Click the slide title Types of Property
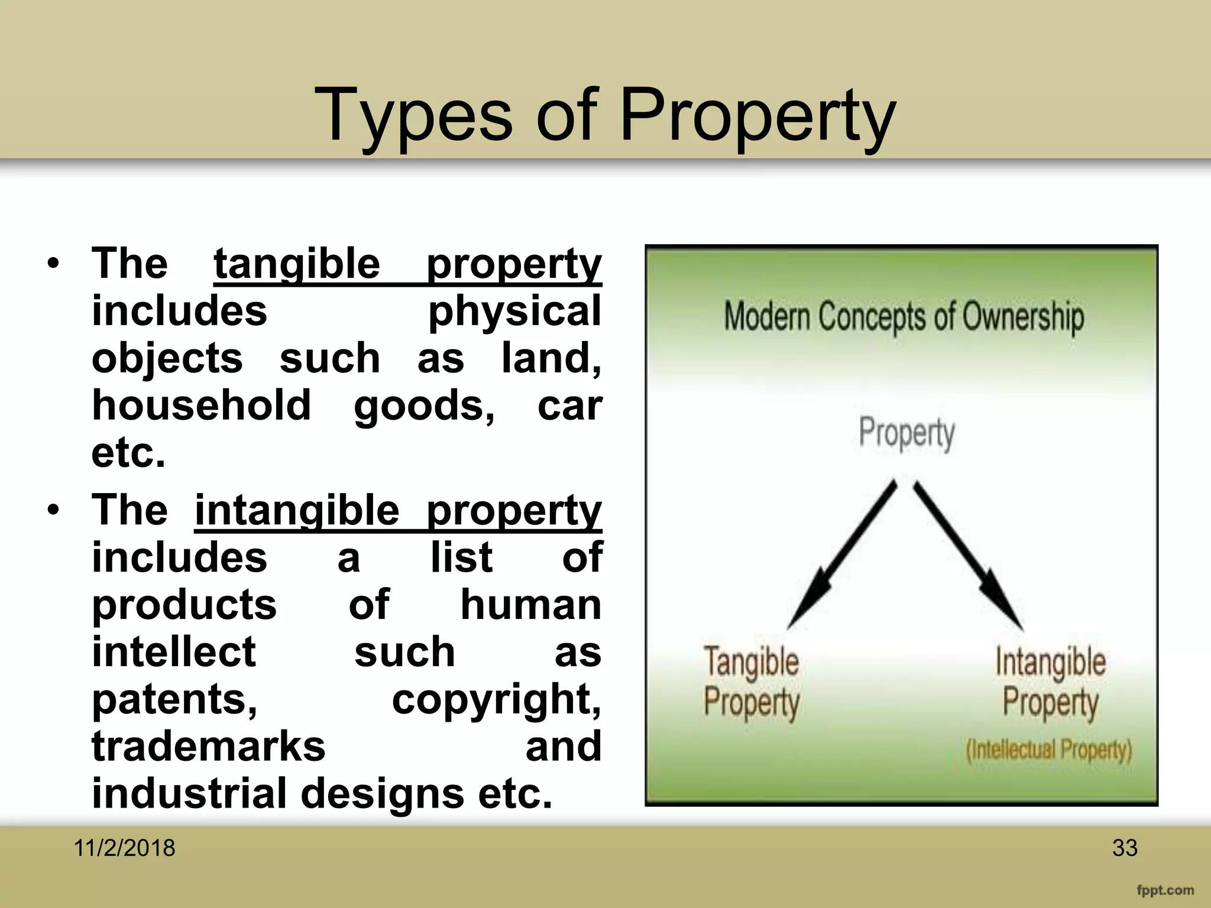tap(605, 115)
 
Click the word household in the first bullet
tap(201, 406)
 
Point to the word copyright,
tap(496, 700)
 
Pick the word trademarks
tap(208, 747)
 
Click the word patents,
tap(174, 700)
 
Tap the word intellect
tap(174, 653)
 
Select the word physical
tap(514, 312)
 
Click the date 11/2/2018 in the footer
tap(124, 848)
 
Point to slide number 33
tap(1124, 848)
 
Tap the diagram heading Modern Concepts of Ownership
tap(904, 317)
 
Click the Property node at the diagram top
tap(906, 433)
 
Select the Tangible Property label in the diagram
tap(751, 682)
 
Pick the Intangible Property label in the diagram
tap(1050, 682)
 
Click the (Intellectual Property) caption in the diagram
tap(1048, 750)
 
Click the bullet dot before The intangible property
tap(54, 510)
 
